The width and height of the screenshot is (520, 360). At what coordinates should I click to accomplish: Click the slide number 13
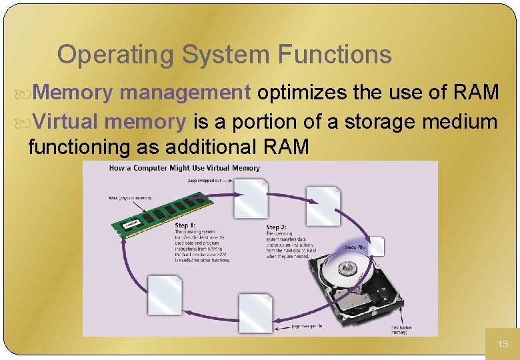click(503, 344)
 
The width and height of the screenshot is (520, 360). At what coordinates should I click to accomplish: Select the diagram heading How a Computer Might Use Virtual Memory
click(184, 168)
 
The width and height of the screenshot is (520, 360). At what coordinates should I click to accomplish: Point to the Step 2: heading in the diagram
click(277, 227)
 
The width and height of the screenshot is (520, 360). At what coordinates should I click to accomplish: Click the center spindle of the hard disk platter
click(347, 269)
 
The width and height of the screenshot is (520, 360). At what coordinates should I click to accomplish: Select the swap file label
click(355, 247)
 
